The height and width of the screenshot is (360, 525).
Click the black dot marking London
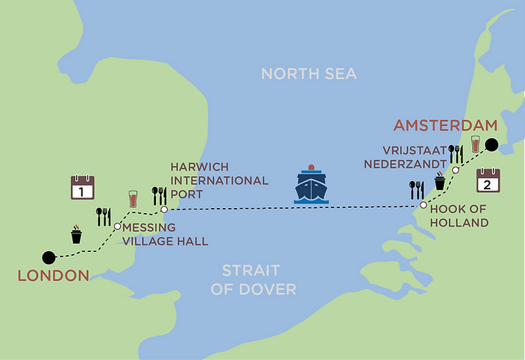point(48,257)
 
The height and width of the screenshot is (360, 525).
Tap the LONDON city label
point(53,276)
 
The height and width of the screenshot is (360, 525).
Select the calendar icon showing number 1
point(82,187)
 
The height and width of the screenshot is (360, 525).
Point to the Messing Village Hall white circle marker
point(117,226)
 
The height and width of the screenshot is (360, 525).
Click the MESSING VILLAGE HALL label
point(164,234)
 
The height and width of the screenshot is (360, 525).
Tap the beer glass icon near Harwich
point(133,199)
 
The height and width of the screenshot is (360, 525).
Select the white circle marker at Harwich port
point(164,209)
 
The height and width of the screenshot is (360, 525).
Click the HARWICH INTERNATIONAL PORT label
point(219,180)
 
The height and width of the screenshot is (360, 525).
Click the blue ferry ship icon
point(312,186)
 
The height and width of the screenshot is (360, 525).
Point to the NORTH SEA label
point(308,73)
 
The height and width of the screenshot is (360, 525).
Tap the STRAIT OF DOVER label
point(253,280)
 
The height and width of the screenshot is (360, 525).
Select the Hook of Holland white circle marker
point(423,205)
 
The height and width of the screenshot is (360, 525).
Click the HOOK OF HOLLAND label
point(459,216)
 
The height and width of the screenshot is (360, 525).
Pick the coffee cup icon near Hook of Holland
point(440,181)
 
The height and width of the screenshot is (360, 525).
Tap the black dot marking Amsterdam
point(490,145)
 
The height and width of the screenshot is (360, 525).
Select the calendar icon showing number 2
point(488,181)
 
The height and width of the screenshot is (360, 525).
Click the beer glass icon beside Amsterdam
point(475,145)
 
